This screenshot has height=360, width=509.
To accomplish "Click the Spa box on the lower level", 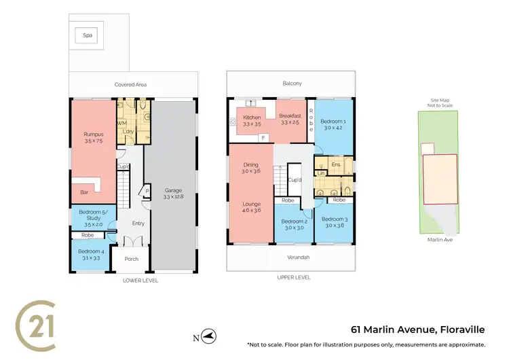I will [x=88, y=35].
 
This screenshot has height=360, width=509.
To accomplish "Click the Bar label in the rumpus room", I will [x=84, y=192].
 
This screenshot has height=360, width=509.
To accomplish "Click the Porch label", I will [x=131, y=259].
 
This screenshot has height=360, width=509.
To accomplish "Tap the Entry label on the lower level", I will [x=138, y=223].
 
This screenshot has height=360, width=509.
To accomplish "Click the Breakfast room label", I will [x=290, y=117].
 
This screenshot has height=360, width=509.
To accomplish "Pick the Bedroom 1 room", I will [x=334, y=124].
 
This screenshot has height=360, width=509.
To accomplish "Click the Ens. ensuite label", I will [x=335, y=164].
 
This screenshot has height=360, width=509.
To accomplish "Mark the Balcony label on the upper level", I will [x=292, y=84].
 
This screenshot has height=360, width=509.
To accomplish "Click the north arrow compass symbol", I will [x=210, y=336].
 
